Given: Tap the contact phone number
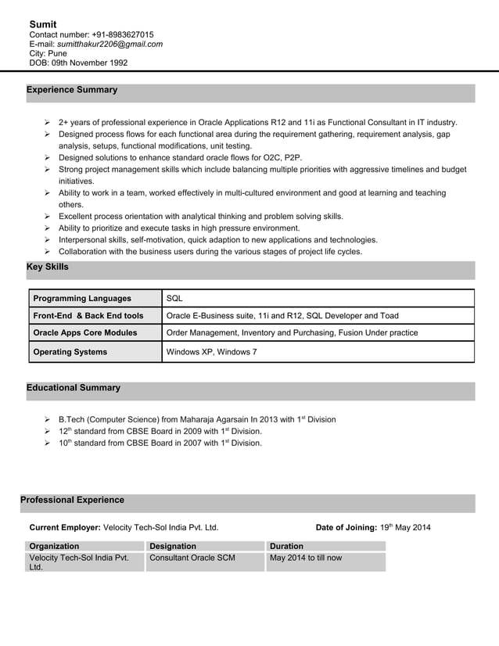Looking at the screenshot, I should (x=110, y=35).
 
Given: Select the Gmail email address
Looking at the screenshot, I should (x=109, y=45).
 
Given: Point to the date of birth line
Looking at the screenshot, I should (x=78, y=63).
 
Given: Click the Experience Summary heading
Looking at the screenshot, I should (x=72, y=90).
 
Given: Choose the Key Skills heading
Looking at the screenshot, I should (x=48, y=267).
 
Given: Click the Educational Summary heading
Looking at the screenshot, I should (x=74, y=388).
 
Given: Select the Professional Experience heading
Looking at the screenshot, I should (x=72, y=500).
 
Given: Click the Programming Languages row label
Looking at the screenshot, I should (x=82, y=299).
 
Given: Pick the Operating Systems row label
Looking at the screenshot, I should (x=70, y=353).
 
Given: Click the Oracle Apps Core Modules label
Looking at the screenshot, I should (x=85, y=333).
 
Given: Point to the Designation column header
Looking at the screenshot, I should (x=173, y=546).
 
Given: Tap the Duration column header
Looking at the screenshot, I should (x=286, y=546).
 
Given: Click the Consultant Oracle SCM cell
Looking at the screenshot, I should (x=192, y=558).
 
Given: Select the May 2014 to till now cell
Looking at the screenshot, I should (x=306, y=558).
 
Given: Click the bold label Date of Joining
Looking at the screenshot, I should (x=346, y=527).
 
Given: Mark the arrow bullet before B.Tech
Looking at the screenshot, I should (x=48, y=420).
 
